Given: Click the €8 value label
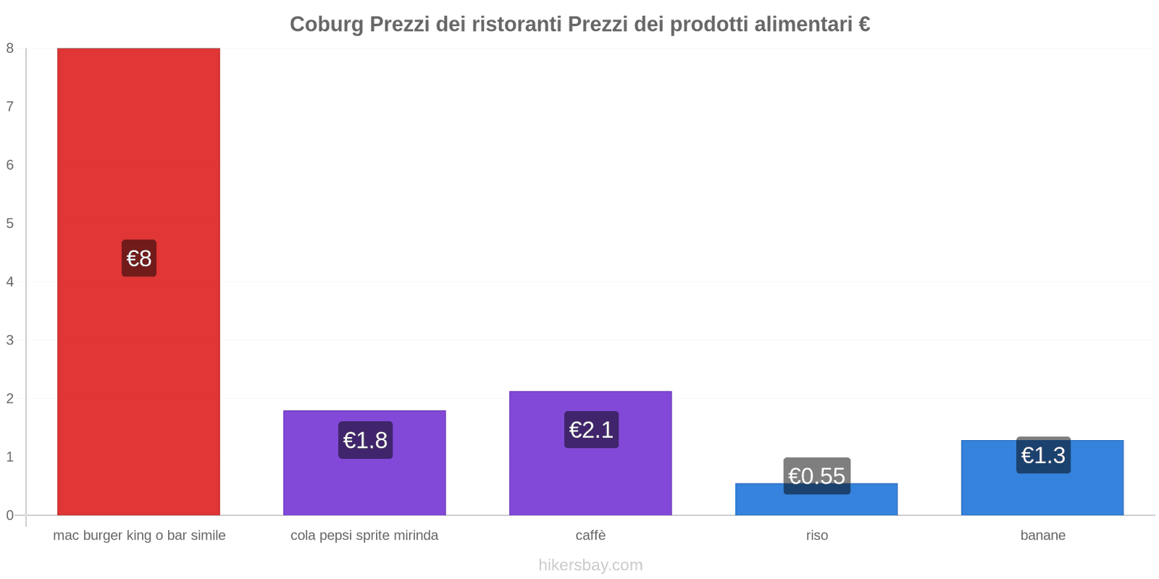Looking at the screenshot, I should tap(139, 258).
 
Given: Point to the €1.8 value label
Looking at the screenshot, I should tap(365, 440).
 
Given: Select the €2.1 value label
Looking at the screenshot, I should tap(591, 430).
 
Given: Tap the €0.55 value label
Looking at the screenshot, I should tap(816, 476).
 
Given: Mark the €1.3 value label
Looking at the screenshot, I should tap(1043, 455).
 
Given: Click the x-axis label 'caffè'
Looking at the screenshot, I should tap(590, 536).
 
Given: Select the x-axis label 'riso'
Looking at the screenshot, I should tap(816, 536).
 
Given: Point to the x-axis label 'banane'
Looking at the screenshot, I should tap(1042, 536).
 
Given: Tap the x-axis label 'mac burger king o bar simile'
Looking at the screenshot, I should tap(139, 536).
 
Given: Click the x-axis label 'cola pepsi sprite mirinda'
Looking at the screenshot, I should tap(364, 536).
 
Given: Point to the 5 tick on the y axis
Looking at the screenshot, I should tap(10, 224).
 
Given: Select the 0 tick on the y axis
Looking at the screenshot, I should tap(10, 515).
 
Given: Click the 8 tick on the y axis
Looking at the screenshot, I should tap(10, 48).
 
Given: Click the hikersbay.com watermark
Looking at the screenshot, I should tap(590, 565).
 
